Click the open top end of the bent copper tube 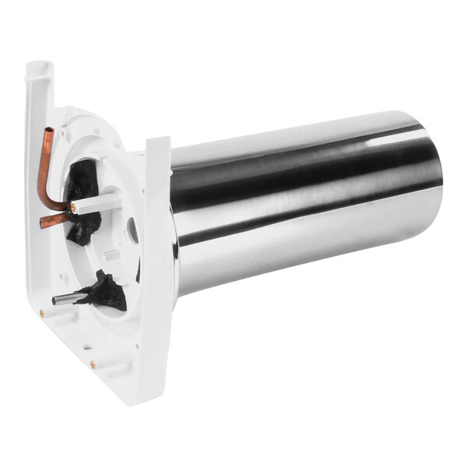49,131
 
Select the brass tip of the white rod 72,209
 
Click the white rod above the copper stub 97,202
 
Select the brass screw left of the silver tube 41,314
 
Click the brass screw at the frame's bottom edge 93,363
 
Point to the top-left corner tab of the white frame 39,72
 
